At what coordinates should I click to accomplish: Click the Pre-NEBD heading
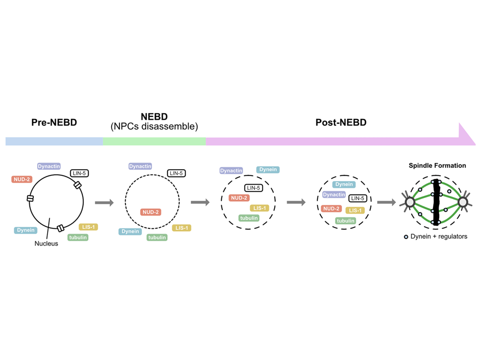coord(54,123)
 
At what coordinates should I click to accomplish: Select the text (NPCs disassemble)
coord(154,127)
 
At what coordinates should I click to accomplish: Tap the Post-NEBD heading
coord(341,123)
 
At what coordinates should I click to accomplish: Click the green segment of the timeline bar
coord(154,141)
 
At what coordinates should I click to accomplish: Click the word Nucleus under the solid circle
coord(46,243)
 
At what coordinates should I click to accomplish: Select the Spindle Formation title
coord(437,165)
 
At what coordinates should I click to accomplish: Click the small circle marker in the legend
coord(406,236)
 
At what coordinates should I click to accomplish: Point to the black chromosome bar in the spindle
coord(436,202)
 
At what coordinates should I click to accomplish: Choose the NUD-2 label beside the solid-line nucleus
coord(22,179)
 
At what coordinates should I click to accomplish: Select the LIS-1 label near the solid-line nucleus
coord(88,227)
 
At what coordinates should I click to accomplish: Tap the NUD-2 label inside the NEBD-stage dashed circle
coord(151,212)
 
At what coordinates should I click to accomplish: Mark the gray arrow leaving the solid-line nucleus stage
coord(104,202)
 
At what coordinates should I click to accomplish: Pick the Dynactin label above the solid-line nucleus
coord(49,166)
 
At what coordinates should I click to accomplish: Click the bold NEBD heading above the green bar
coord(154,117)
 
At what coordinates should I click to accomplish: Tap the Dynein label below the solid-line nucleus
coord(26,230)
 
